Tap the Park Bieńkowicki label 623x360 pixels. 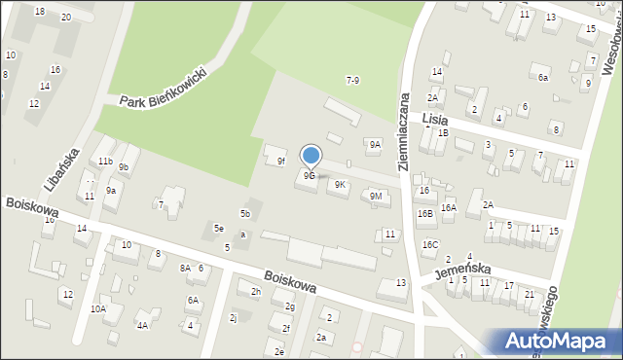pos(163,89)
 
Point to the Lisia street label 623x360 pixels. pos(435,118)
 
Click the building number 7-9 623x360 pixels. pos(352,80)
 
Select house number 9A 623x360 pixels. pos(375,144)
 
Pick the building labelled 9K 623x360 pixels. pos(340,184)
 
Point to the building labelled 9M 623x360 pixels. pos(376,197)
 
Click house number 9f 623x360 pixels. pos(280,161)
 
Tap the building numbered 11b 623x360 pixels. pos(105,161)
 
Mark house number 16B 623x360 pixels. pos(425,213)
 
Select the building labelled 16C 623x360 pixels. pos(430,244)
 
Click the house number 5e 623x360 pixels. pos(220,229)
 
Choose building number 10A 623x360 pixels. pos(98,308)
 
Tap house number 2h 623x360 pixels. pos(256,291)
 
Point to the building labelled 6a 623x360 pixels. pos(543,77)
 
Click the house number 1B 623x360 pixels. pos(443,132)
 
